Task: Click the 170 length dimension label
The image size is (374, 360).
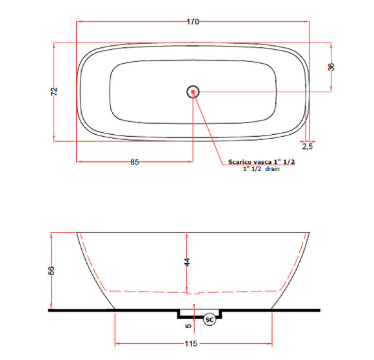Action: tap(192, 21)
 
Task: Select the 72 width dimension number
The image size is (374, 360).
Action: tap(54, 92)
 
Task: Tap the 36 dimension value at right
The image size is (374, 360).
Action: tap(331, 67)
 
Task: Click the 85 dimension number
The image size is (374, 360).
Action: tap(135, 162)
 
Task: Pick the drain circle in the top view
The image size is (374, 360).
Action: tap(193, 92)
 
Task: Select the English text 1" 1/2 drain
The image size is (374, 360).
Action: tap(260, 169)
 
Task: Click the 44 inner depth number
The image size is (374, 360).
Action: tap(187, 262)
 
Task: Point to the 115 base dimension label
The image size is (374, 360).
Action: tap(192, 345)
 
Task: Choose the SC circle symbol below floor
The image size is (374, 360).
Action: tap(209, 319)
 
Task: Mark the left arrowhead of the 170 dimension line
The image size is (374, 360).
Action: tap(79, 21)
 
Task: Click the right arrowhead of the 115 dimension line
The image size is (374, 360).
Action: tap(270, 344)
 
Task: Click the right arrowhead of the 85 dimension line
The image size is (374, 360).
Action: tap(191, 161)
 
